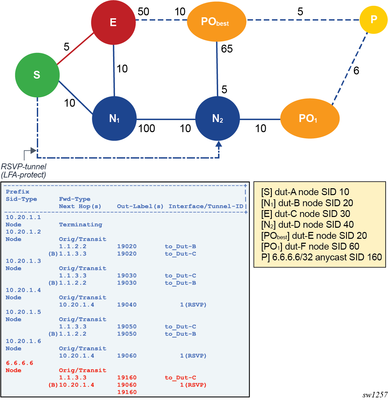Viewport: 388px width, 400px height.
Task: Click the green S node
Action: [x=37, y=75]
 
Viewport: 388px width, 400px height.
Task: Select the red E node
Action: [x=113, y=22]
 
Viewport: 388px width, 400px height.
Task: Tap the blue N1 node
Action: [x=114, y=118]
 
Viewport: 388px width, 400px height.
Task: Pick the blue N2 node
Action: [x=217, y=118]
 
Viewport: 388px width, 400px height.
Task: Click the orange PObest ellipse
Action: [x=216, y=22]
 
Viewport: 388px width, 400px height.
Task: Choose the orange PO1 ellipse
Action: [x=310, y=118]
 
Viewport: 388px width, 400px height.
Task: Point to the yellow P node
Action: [x=373, y=20]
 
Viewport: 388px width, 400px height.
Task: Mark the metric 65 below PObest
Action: [x=227, y=49]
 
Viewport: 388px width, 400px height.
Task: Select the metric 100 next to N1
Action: [x=146, y=129]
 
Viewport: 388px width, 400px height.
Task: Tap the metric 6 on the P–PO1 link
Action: [x=356, y=70]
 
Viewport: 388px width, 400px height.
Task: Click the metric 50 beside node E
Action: [x=143, y=12]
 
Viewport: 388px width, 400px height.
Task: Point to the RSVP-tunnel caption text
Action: [x=23, y=171]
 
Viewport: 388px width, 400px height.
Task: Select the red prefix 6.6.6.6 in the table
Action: [x=20, y=363]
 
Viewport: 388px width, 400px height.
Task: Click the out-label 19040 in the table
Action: [x=127, y=305]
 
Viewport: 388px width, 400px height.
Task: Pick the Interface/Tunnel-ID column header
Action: [x=206, y=206]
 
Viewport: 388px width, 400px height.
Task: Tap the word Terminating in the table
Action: [x=81, y=224]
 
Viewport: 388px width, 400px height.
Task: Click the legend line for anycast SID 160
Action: [x=321, y=257]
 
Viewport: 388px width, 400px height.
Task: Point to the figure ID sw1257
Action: [x=375, y=395]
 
